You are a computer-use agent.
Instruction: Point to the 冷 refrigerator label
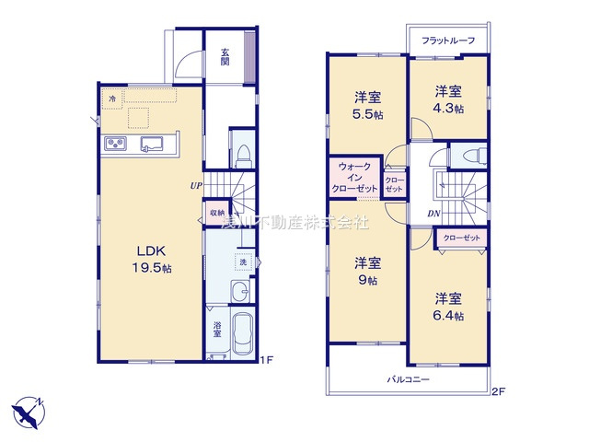point(111,98)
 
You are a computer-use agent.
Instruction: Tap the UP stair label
point(195,185)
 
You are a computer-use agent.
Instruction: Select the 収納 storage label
point(216,212)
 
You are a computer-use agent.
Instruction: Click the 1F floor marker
point(266,359)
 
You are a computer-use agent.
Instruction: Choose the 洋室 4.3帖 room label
point(448,99)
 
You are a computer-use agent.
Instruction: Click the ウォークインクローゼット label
point(355,177)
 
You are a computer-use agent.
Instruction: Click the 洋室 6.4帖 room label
point(448,307)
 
